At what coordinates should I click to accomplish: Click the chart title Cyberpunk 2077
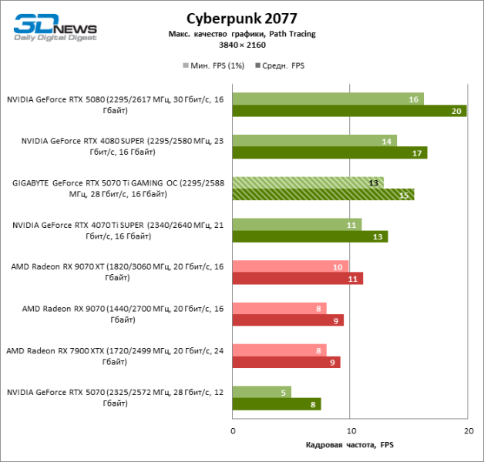click(x=241, y=18)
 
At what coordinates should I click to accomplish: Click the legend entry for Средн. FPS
click(x=280, y=65)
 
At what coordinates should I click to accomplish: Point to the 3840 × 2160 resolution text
click(x=241, y=45)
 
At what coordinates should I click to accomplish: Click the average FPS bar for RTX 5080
click(x=349, y=111)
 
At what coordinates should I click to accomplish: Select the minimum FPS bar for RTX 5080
click(x=328, y=99)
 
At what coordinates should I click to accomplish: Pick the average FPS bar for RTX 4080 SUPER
click(x=329, y=152)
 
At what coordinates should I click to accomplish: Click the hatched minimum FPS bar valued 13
click(x=308, y=182)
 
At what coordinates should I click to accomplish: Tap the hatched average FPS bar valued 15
click(x=323, y=194)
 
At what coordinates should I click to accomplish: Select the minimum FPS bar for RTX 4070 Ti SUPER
click(x=297, y=224)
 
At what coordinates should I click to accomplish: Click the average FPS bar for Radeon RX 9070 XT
click(x=297, y=278)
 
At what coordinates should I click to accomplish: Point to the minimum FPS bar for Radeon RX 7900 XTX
click(x=279, y=350)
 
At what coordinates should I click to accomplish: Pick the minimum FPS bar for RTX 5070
click(x=262, y=392)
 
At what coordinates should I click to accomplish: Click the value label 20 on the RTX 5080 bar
click(x=457, y=111)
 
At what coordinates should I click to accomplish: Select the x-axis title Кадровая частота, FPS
click(x=349, y=446)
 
